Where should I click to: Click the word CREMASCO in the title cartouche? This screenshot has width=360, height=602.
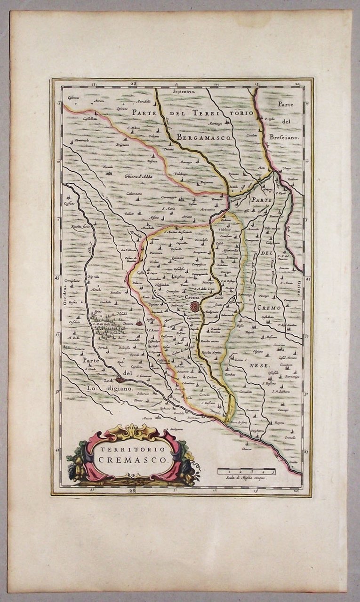click(x=133, y=460)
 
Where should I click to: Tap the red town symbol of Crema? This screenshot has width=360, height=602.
click(x=194, y=307)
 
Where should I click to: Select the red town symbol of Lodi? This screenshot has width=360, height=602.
click(x=121, y=379)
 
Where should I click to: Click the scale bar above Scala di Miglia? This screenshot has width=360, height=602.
click(x=246, y=470)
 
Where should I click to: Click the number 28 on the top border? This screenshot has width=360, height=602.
click(x=134, y=83)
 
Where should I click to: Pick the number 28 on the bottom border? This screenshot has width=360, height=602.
click(x=134, y=491)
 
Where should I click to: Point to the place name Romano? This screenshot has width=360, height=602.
click(x=234, y=174)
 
